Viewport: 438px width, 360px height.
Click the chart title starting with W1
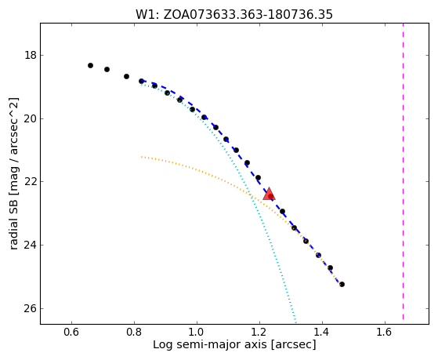tap(234, 14)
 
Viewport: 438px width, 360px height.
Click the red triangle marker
tap(269, 194)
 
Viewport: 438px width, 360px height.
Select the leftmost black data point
tap(90, 65)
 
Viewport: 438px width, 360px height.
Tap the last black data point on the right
tap(342, 284)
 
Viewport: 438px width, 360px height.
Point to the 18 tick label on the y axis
tap(31, 55)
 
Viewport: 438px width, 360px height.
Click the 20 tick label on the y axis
tap(31, 118)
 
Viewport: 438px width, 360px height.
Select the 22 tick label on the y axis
tap(31, 181)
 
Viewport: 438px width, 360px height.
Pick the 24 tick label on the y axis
tap(31, 245)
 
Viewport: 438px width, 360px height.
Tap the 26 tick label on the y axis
tap(31, 308)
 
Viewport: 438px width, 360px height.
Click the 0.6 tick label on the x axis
tap(71, 332)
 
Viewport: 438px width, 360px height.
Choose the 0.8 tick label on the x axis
tap(134, 332)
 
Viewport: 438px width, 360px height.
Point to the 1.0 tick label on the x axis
tap(197, 332)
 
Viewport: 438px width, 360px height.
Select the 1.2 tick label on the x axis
tap(259, 332)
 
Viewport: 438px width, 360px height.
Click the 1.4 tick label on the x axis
tap(322, 332)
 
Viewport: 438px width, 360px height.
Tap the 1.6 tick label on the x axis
tap(385, 332)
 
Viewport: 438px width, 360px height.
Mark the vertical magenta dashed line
tap(403, 172)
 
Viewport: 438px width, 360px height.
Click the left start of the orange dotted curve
tap(142, 157)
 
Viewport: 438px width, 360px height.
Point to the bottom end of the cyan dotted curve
tap(295, 322)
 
